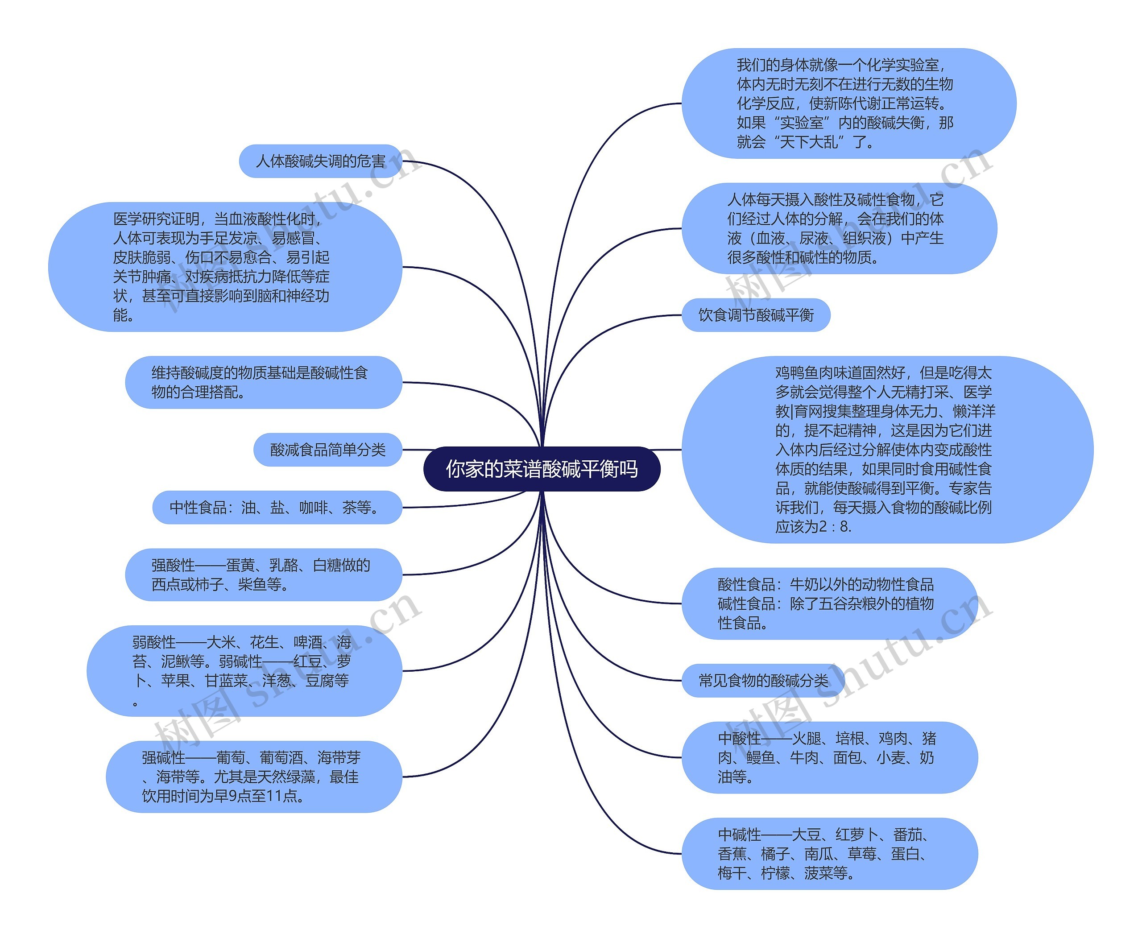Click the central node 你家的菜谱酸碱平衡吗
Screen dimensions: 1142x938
[542, 469]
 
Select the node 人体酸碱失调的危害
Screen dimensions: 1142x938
[320, 161]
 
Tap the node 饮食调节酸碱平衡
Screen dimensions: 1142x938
[756, 315]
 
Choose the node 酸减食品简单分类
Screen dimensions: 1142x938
[327, 450]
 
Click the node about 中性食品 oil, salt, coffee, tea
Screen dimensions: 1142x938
[277, 508]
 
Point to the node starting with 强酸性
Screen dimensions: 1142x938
[263, 574]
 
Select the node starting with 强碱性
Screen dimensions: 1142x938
[253, 777]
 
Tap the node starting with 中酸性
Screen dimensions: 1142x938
[829, 757]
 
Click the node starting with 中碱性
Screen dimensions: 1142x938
[829, 854]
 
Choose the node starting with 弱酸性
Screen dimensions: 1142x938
[244, 670]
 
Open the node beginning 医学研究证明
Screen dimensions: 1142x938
[225, 266]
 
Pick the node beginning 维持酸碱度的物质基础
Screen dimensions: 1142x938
[263, 382]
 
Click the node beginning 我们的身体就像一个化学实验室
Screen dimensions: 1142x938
[848, 103]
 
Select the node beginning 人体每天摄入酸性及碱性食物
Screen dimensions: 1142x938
[839, 228]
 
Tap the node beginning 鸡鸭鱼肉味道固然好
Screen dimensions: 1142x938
[887, 449]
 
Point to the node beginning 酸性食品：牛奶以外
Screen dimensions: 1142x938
[829, 603]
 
